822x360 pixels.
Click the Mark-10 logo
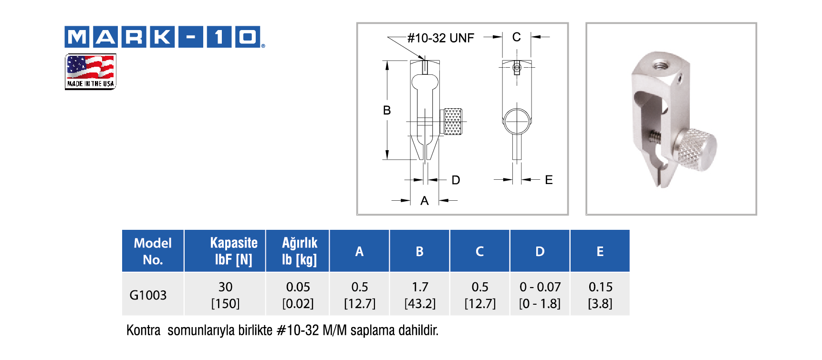point(165,37)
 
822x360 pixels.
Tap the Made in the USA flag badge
point(91,72)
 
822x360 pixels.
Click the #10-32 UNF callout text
point(441,38)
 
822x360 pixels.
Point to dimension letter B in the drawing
point(387,110)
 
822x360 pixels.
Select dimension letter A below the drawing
point(424,201)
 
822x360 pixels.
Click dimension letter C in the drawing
point(516,37)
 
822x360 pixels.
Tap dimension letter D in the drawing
point(456,180)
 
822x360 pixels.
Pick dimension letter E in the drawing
point(549,180)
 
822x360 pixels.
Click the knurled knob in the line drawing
point(452,122)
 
